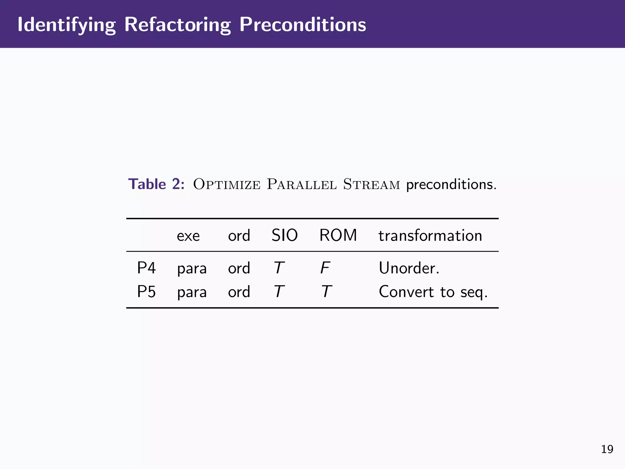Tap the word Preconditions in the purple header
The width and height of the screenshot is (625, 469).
[302, 24]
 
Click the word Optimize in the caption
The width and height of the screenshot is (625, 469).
[227, 184]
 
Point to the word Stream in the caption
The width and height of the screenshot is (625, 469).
[371, 184]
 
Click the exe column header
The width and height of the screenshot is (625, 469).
[188, 236]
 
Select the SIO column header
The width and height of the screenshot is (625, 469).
[284, 235]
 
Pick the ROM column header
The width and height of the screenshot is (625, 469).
[338, 235]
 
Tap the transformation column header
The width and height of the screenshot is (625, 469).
[430, 236]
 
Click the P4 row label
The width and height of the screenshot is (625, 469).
[146, 268]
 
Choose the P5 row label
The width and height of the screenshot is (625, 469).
[146, 291]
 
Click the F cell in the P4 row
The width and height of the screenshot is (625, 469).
[325, 268]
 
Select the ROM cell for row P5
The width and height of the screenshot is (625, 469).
[326, 291]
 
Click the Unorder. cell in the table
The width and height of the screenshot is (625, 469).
[409, 268]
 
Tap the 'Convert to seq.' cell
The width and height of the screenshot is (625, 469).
[433, 292]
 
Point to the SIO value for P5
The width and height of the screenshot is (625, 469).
[279, 291]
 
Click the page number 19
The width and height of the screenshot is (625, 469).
[607, 449]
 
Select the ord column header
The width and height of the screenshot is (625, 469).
[239, 235]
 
